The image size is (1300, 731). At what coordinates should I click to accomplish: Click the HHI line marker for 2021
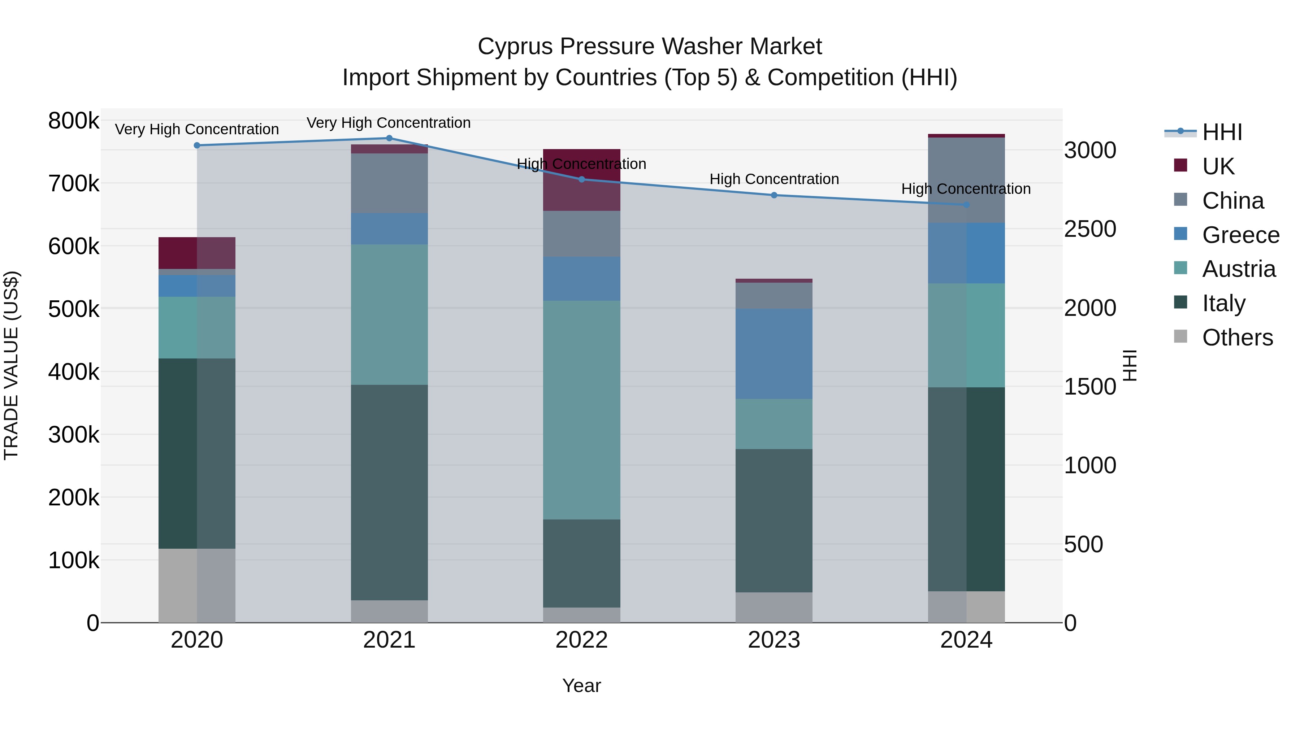tap(389, 138)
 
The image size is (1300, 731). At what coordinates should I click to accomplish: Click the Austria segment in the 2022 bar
tap(581, 410)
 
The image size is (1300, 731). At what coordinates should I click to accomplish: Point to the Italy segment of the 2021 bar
tap(389, 492)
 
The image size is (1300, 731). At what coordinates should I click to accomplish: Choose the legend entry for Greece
tap(1240, 235)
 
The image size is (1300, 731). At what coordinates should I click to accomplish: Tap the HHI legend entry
tap(1221, 132)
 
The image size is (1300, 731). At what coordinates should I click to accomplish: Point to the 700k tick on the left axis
tap(74, 184)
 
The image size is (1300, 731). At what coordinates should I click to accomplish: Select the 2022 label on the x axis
tap(581, 640)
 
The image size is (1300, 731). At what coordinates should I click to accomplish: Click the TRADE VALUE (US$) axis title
tap(11, 365)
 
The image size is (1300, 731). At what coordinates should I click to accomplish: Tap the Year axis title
tap(581, 686)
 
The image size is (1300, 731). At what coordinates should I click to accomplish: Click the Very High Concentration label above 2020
tap(197, 129)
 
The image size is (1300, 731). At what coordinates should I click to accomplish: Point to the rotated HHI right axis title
tap(1130, 365)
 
